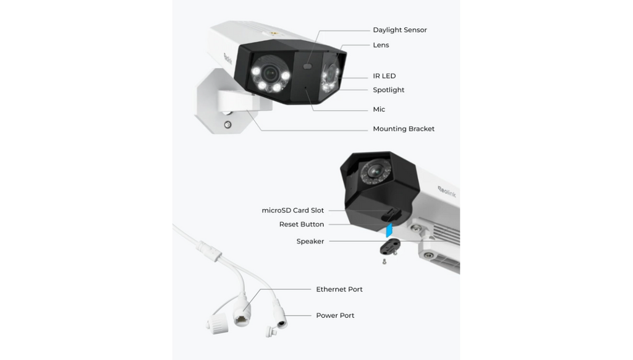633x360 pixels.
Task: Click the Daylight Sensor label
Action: pos(400,30)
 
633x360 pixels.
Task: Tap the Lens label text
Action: pos(381,45)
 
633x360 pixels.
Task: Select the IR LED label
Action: pos(384,76)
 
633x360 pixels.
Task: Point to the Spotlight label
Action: pos(388,90)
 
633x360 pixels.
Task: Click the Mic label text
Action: pos(379,109)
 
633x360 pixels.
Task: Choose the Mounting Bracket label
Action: pos(404,129)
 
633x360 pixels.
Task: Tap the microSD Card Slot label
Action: pos(292,210)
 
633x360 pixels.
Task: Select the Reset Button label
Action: pos(302,225)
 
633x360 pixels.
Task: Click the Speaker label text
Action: pos(310,241)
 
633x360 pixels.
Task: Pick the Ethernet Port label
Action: pos(339,289)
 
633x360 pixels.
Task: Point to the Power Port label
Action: pos(335,315)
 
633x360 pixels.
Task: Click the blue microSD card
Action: pos(389,230)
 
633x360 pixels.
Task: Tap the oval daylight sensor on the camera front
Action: pos(308,66)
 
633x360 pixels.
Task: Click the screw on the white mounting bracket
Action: pos(227,125)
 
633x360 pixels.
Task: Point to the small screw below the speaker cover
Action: pos(384,262)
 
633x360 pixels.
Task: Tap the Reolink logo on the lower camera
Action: pos(447,192)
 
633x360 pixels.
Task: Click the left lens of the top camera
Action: pos(270,74)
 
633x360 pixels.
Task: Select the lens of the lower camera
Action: pos(375,172)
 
